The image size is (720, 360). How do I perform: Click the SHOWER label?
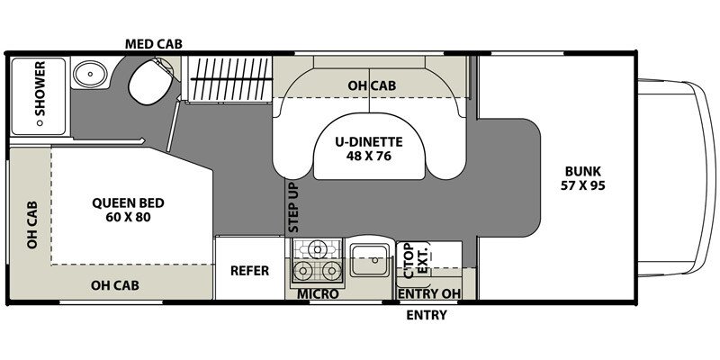coord(40,88)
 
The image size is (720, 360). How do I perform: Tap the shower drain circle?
coord(40,122)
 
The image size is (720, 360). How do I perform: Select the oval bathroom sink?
coord(91,74)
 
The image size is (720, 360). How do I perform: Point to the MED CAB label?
coord(154,44)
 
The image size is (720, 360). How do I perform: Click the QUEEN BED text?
coord(128,203)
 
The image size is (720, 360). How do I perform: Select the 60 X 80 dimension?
coord(128,217)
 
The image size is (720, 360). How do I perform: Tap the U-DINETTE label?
coord(369,142)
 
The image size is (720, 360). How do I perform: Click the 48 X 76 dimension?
coord(369,156)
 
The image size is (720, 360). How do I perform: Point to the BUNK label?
coord(582,172)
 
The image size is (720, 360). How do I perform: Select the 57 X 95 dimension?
coord(582,186)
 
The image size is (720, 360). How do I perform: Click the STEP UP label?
coord(293,207)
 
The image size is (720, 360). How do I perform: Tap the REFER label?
coord(250,271)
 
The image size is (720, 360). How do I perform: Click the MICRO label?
coord(318,294)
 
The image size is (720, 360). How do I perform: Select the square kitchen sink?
coord(370,260)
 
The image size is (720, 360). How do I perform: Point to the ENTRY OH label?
coord(429,294)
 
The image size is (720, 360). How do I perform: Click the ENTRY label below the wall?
coord(427,316)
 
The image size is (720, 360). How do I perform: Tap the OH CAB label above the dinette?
coord(372,85)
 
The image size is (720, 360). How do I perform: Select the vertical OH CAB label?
coord(31,225)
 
